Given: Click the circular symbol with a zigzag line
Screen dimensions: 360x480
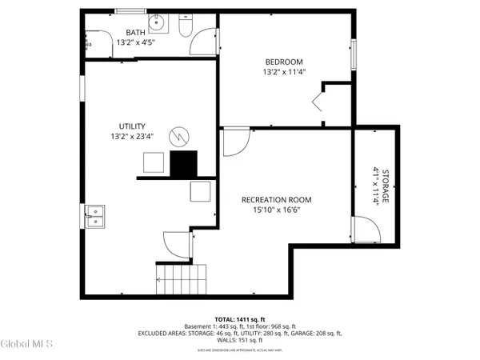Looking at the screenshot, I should (182, 138).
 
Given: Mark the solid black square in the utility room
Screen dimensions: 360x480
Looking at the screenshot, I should (183, 163).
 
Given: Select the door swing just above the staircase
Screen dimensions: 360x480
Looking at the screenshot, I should (176, 244).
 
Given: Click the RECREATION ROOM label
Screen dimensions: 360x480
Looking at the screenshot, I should (277, 199).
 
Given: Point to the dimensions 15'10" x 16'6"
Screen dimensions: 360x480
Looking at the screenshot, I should (277, 211).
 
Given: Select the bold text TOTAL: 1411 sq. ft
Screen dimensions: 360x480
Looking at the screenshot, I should (240, 319).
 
